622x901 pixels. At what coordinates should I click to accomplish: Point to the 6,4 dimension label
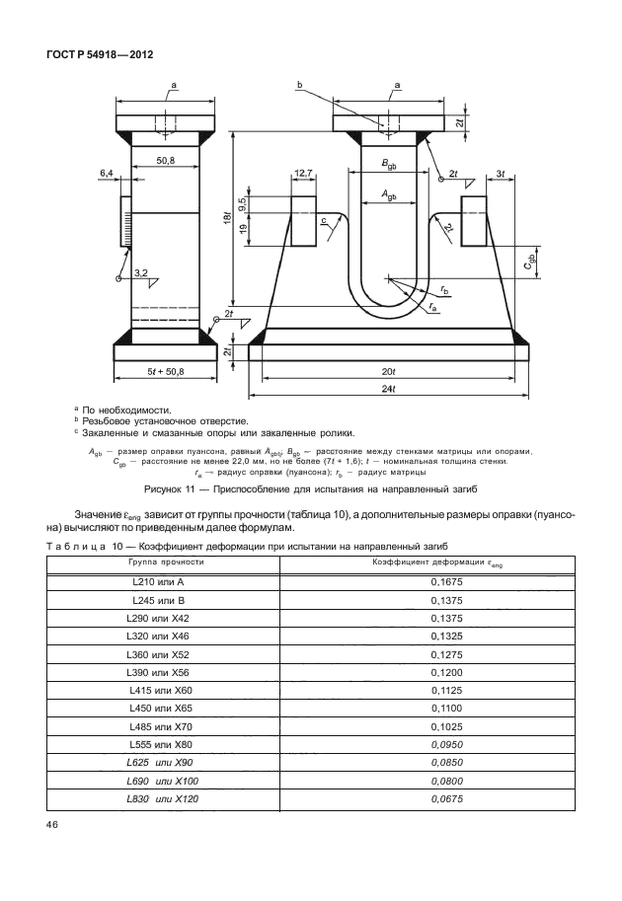click(107, 173)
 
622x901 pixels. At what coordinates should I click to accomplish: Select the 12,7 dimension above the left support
click(303, 174)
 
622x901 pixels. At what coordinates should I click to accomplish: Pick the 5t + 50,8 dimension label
click(165, 371)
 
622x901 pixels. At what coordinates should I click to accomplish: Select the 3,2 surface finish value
click(140, 271)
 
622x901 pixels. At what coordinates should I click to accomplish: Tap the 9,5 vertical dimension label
click(243, 204)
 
